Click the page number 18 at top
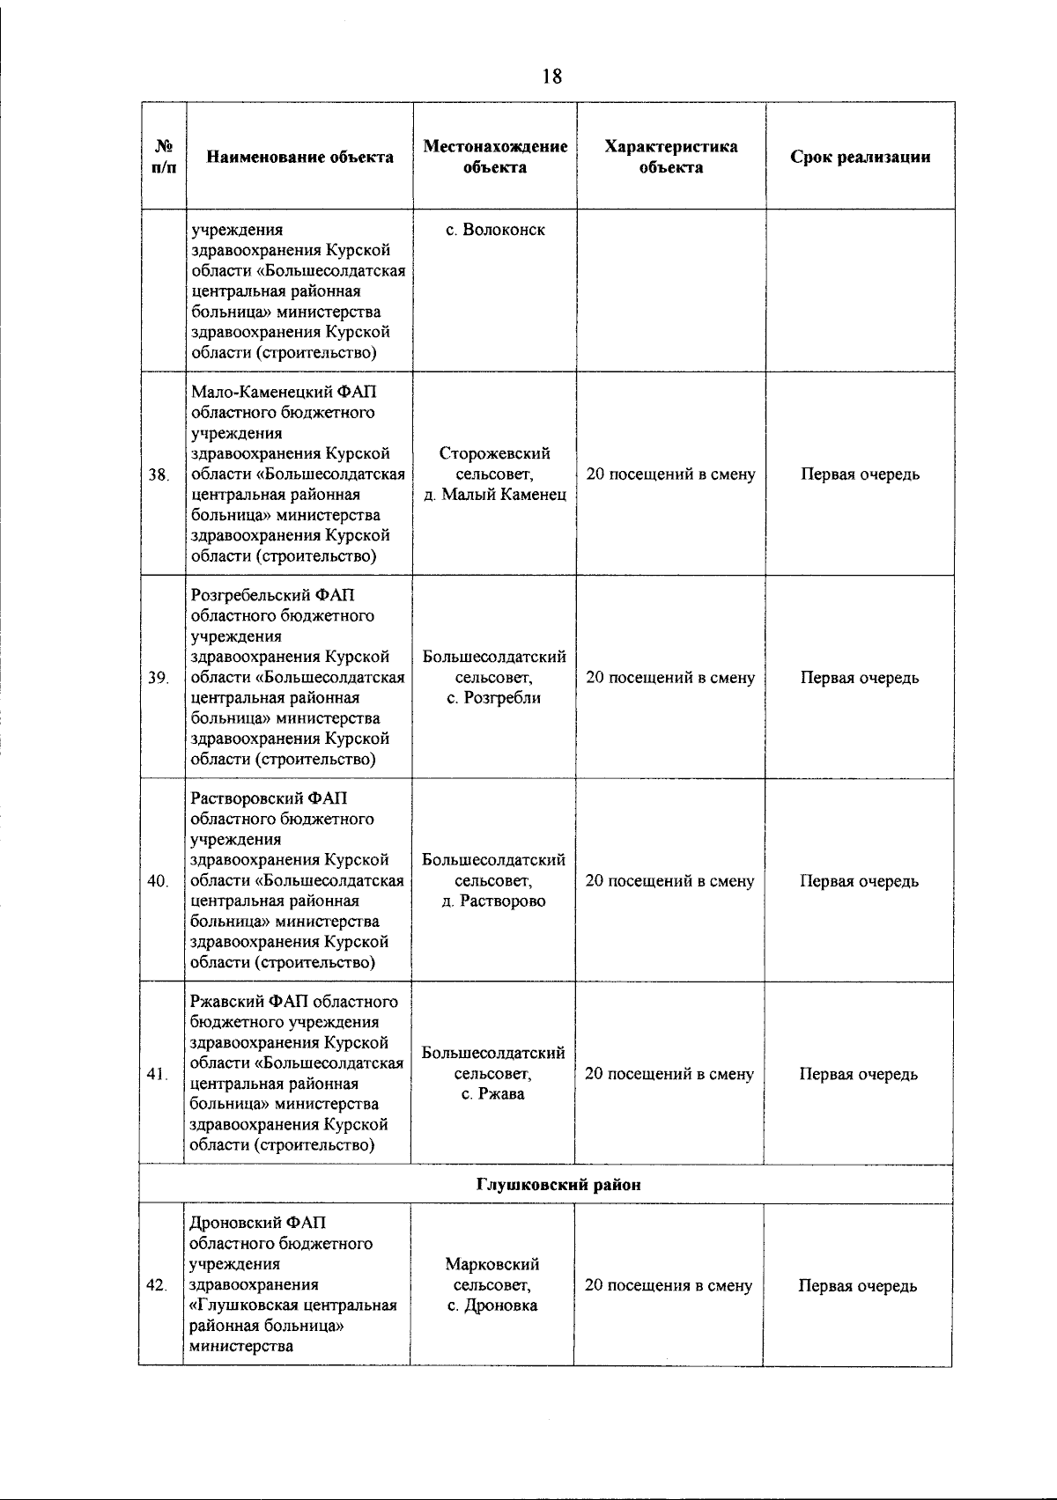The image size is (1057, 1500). (x=552, y=77)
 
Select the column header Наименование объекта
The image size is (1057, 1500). (x=299, y=158)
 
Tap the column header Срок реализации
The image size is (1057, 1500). (x=860, y=158)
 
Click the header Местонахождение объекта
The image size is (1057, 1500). (x=495, y=157)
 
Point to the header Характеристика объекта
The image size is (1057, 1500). (x=671, y=157)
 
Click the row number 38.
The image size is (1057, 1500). (x=159, y=475)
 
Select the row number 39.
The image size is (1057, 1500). (x=159, y=679)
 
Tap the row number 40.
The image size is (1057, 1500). (x=159, y=882)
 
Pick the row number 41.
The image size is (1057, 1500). (x=158, y=1075)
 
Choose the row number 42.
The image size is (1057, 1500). (x=158, y=1286)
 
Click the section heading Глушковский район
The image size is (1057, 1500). (x=558, y=1185)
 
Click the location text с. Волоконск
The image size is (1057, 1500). (x=495, y=230)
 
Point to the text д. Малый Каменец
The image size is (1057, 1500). (x=495, y=495)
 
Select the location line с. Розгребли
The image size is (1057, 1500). (x=494, y=698)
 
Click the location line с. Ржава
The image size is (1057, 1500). (x=493, y=1094)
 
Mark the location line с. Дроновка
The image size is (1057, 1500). (x=492, y=1305)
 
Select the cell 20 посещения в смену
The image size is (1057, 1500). (x=669, y=1285)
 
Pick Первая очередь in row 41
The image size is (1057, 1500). (x=858, y=1074)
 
